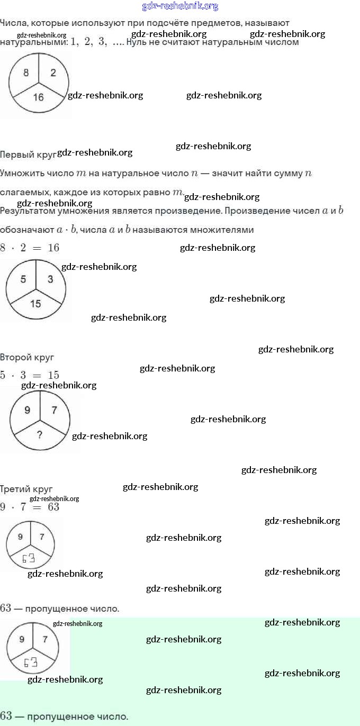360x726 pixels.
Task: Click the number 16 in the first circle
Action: pyautogui.click(x=38, y=97)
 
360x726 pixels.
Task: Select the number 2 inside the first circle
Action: pyautogui.click(x=53, y=73)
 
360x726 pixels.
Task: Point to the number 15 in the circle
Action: pyautogui.click(x=35, y=304)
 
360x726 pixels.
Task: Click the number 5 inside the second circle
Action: pyautogui.click(x=23, y=279)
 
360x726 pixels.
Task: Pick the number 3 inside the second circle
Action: pyautogui.click(x=50, y=279)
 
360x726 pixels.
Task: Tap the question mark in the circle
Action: pyautogui.click(x=39, y=435)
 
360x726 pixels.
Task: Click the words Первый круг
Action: pyautogui.click(x=28, y=155)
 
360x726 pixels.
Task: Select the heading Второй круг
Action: pyautogui.click(x=27, y=357)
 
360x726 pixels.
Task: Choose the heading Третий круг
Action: pyautogui.click(x=26, y=489)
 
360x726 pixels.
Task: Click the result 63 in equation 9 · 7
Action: pyautogui.click(x=53, y=507)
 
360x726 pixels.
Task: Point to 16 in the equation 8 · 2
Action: pyautogui.click(x=53, y=248)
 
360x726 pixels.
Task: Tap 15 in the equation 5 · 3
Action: pyautogui.click(x=53, y=375)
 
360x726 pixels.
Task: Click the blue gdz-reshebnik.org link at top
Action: pyautogui.click(x=180, y=6)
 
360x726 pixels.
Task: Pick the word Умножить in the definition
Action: pyautogui.click(x=22, y=173)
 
